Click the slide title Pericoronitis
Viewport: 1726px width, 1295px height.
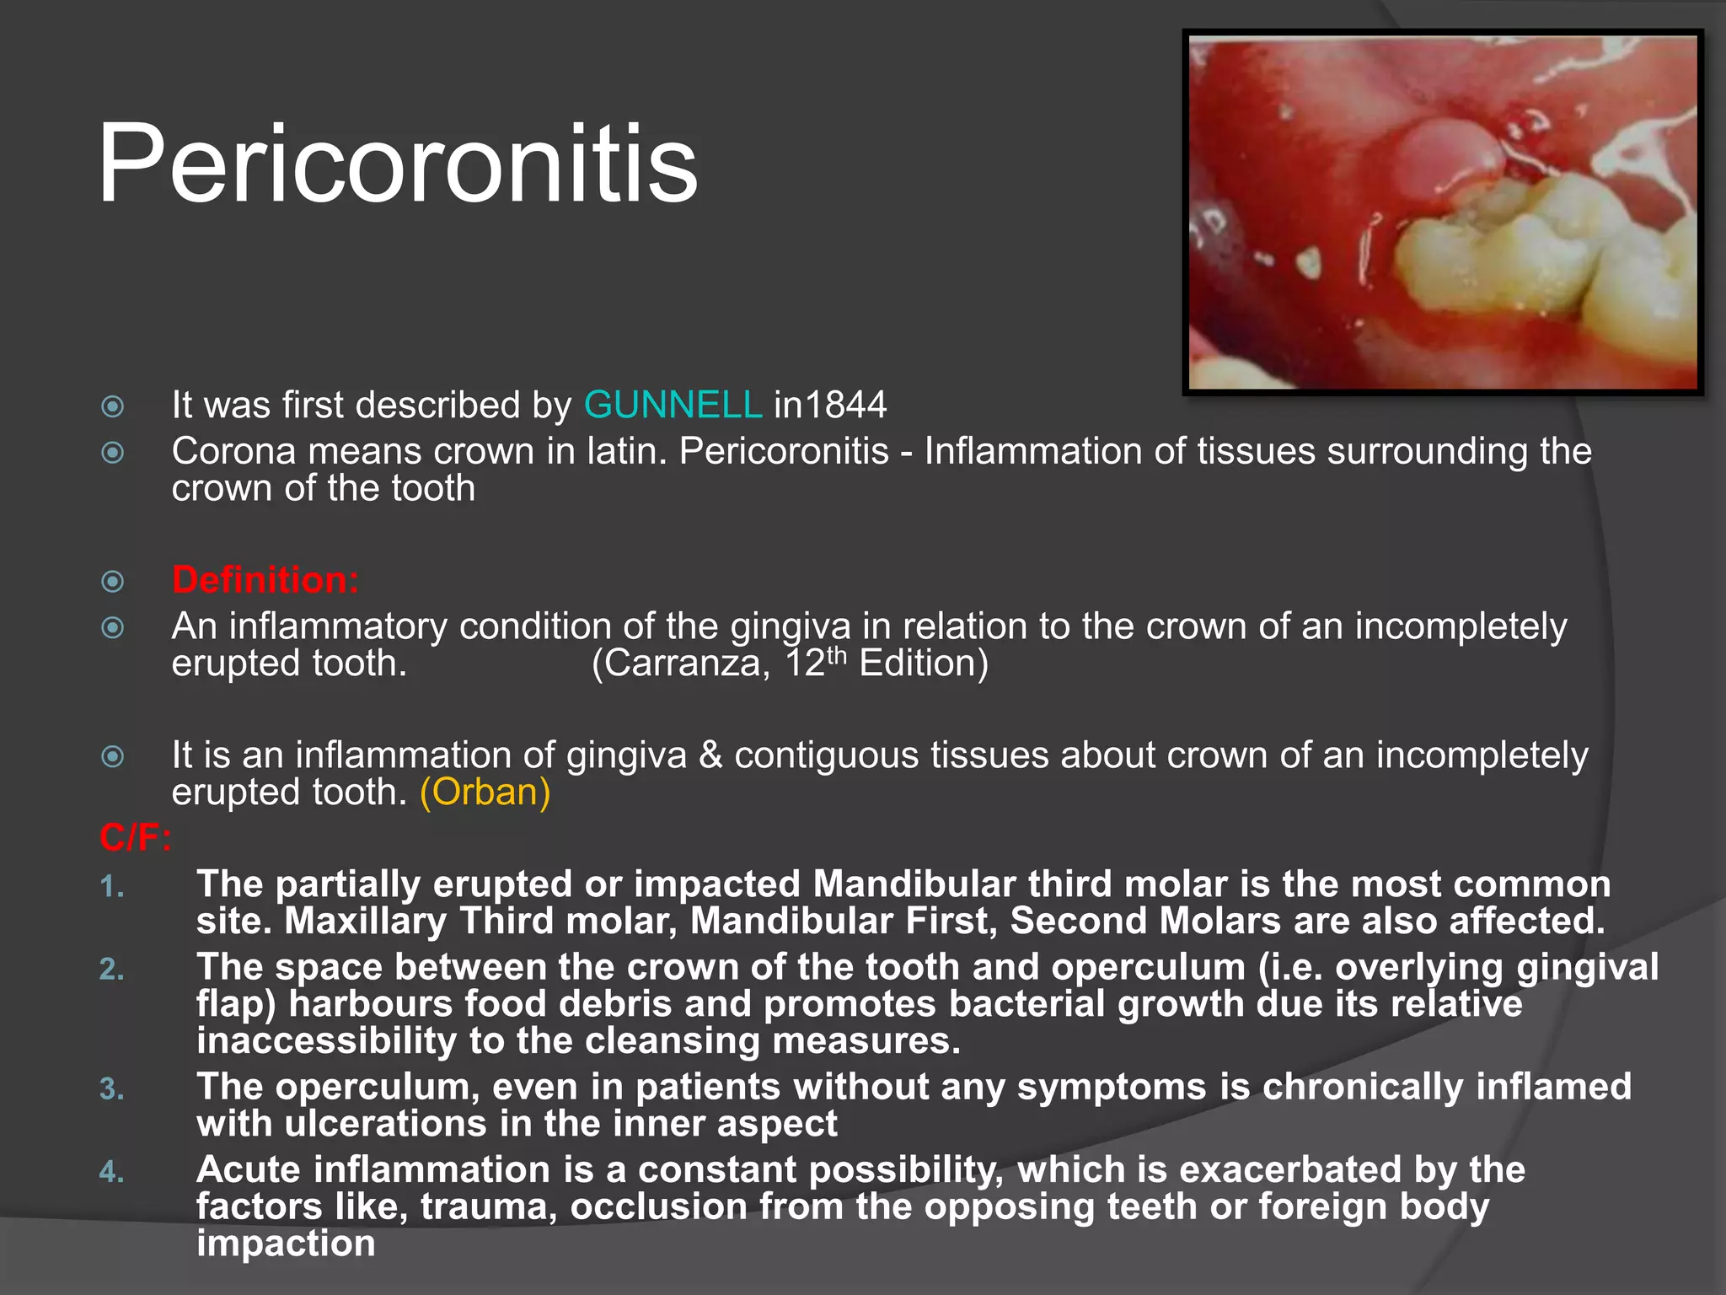point(397,164)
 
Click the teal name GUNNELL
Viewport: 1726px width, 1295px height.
point(673,406)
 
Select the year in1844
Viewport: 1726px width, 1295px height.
point(830,406)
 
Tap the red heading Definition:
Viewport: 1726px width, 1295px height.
point(265,580)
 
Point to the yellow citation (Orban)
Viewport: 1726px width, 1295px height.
point(485,793)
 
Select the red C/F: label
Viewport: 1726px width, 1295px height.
point(135,838)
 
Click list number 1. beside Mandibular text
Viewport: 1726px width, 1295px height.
point(112,887)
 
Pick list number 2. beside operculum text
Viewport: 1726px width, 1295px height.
point(112,970)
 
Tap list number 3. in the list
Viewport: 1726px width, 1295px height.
point(112,1089)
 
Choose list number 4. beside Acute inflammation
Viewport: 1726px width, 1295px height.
point(112,1172)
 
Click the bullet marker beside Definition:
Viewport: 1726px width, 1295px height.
point(113,582)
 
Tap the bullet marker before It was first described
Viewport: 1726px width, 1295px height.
point(113,407)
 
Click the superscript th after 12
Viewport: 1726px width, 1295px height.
point(836,654)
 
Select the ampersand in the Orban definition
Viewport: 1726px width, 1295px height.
point(710,755)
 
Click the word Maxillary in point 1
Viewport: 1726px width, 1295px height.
point(365,921)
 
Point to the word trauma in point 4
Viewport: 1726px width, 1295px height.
point(489,1207)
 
